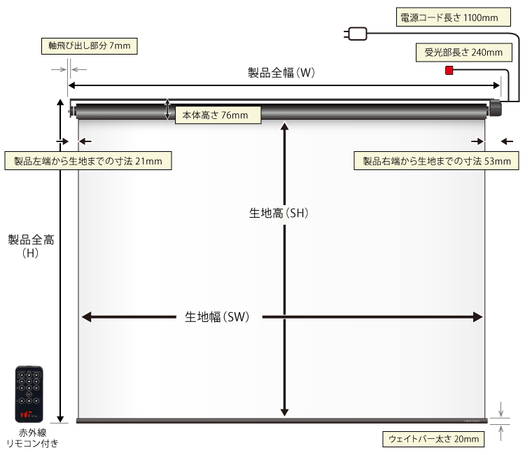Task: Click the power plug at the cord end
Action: pos(356,33)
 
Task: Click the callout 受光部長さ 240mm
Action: pos(463,52)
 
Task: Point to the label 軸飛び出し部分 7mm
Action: pos(89,46)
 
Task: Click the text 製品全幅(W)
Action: pos(283,73)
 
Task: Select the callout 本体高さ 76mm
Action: pos(217,115)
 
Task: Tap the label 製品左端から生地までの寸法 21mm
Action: pos(88,161)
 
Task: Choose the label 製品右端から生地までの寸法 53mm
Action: pos(436,161)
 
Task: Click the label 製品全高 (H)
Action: pos(31,245)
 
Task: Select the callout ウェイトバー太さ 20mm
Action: pos(434,440)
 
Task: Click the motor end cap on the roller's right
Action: pos(496,110)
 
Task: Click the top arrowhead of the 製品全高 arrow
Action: pos(61,104)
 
